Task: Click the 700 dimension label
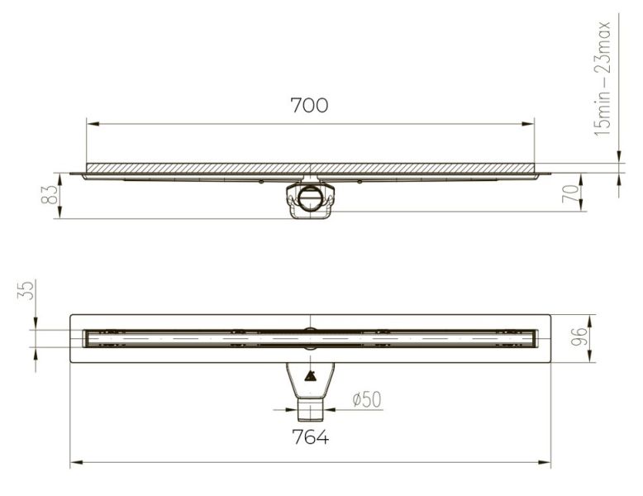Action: point(309,105)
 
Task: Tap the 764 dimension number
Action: point(310,437)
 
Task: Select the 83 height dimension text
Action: point(50,194)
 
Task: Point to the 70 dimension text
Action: point(571,193)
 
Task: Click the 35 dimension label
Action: point(26,290)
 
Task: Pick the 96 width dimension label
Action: point(580,336)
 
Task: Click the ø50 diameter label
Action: point(367,399)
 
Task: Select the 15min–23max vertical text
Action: point(603,79)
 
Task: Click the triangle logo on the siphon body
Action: point(310,376)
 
